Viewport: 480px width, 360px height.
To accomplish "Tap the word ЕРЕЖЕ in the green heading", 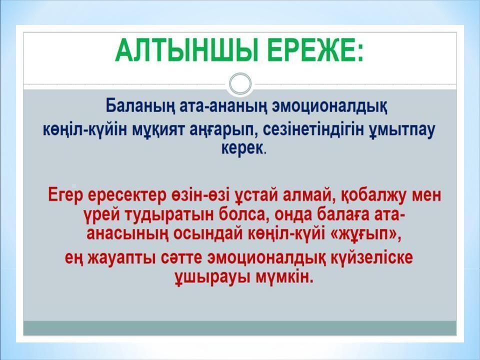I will pos(314,50).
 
